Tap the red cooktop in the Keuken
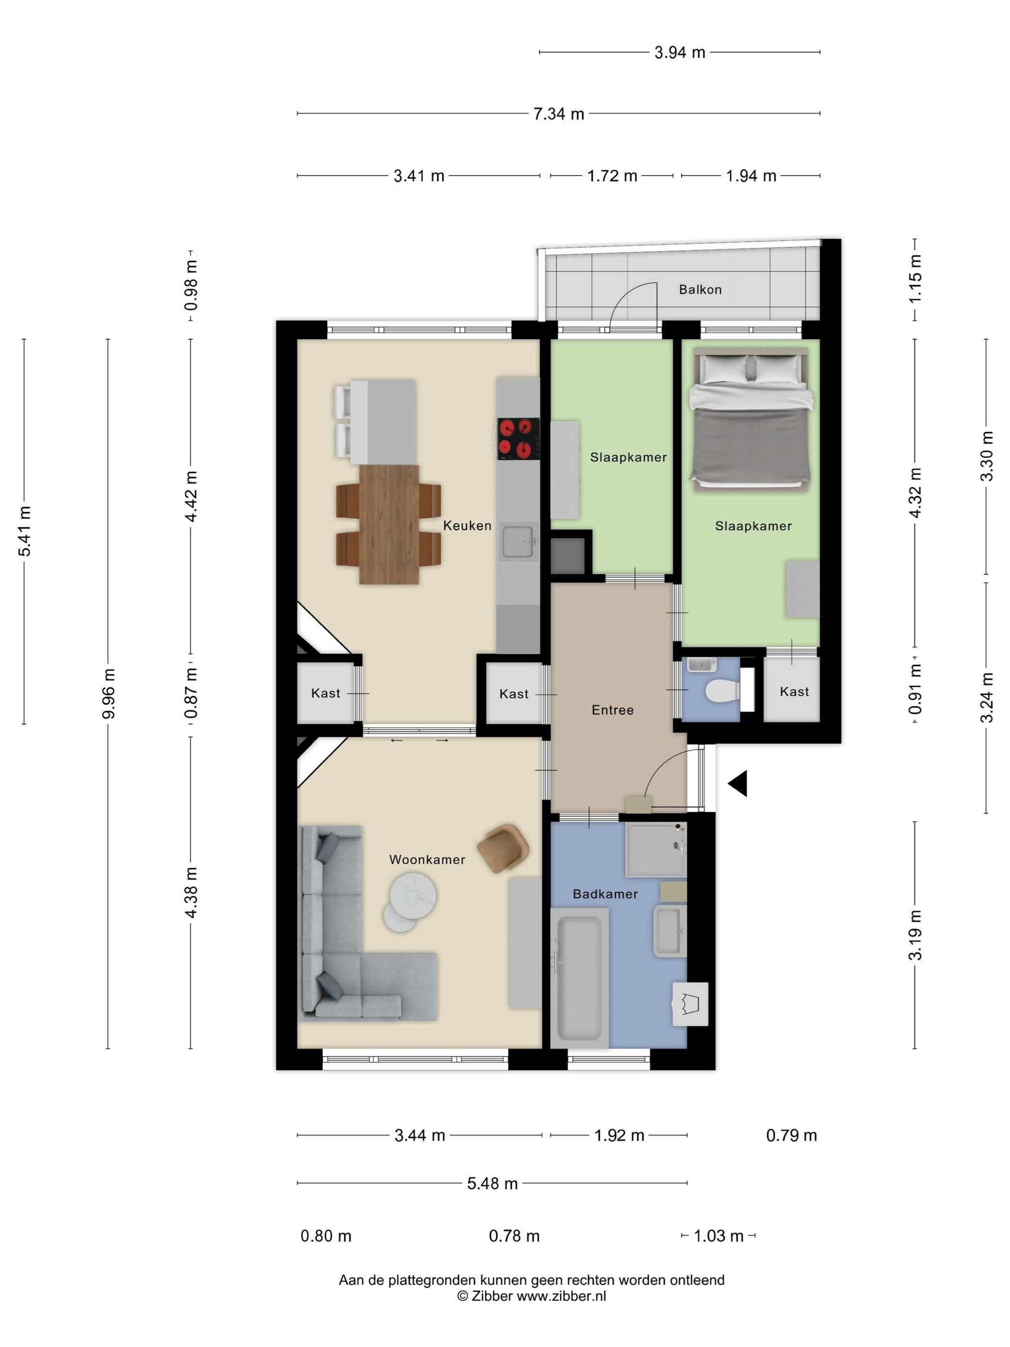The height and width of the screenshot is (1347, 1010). pyautogui.click(x=518, y=438)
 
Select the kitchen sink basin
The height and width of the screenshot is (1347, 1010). pyautogui.click(x=518, y=540)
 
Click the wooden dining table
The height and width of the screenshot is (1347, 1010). pyautogui.click(x=389, y=524)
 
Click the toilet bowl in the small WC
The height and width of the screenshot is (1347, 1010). pyautogui.click(x=722, y=690)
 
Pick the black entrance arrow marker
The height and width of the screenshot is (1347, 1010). pyautogui.click(x=738, y=784)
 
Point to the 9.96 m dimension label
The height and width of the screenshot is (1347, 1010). pyautogui.click(x=108, y=693)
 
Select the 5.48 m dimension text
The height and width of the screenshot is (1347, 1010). pyautogui.click(x=492, y=1183)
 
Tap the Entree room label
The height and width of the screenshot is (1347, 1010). pyautogui.click(x=612, y=710)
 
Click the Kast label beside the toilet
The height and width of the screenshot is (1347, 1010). pyautogui.click(x=794, y=691)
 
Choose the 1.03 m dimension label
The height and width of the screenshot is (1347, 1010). pyautogui.click(x=719, y=1235)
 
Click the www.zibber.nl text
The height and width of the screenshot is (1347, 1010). pyautogui.click(x=561, y=1296)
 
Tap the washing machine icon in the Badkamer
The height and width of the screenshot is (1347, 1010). pyautogui.click(x=690, y=1004)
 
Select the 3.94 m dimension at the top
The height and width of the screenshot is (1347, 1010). pyautogui.click(x=680, y=52)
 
